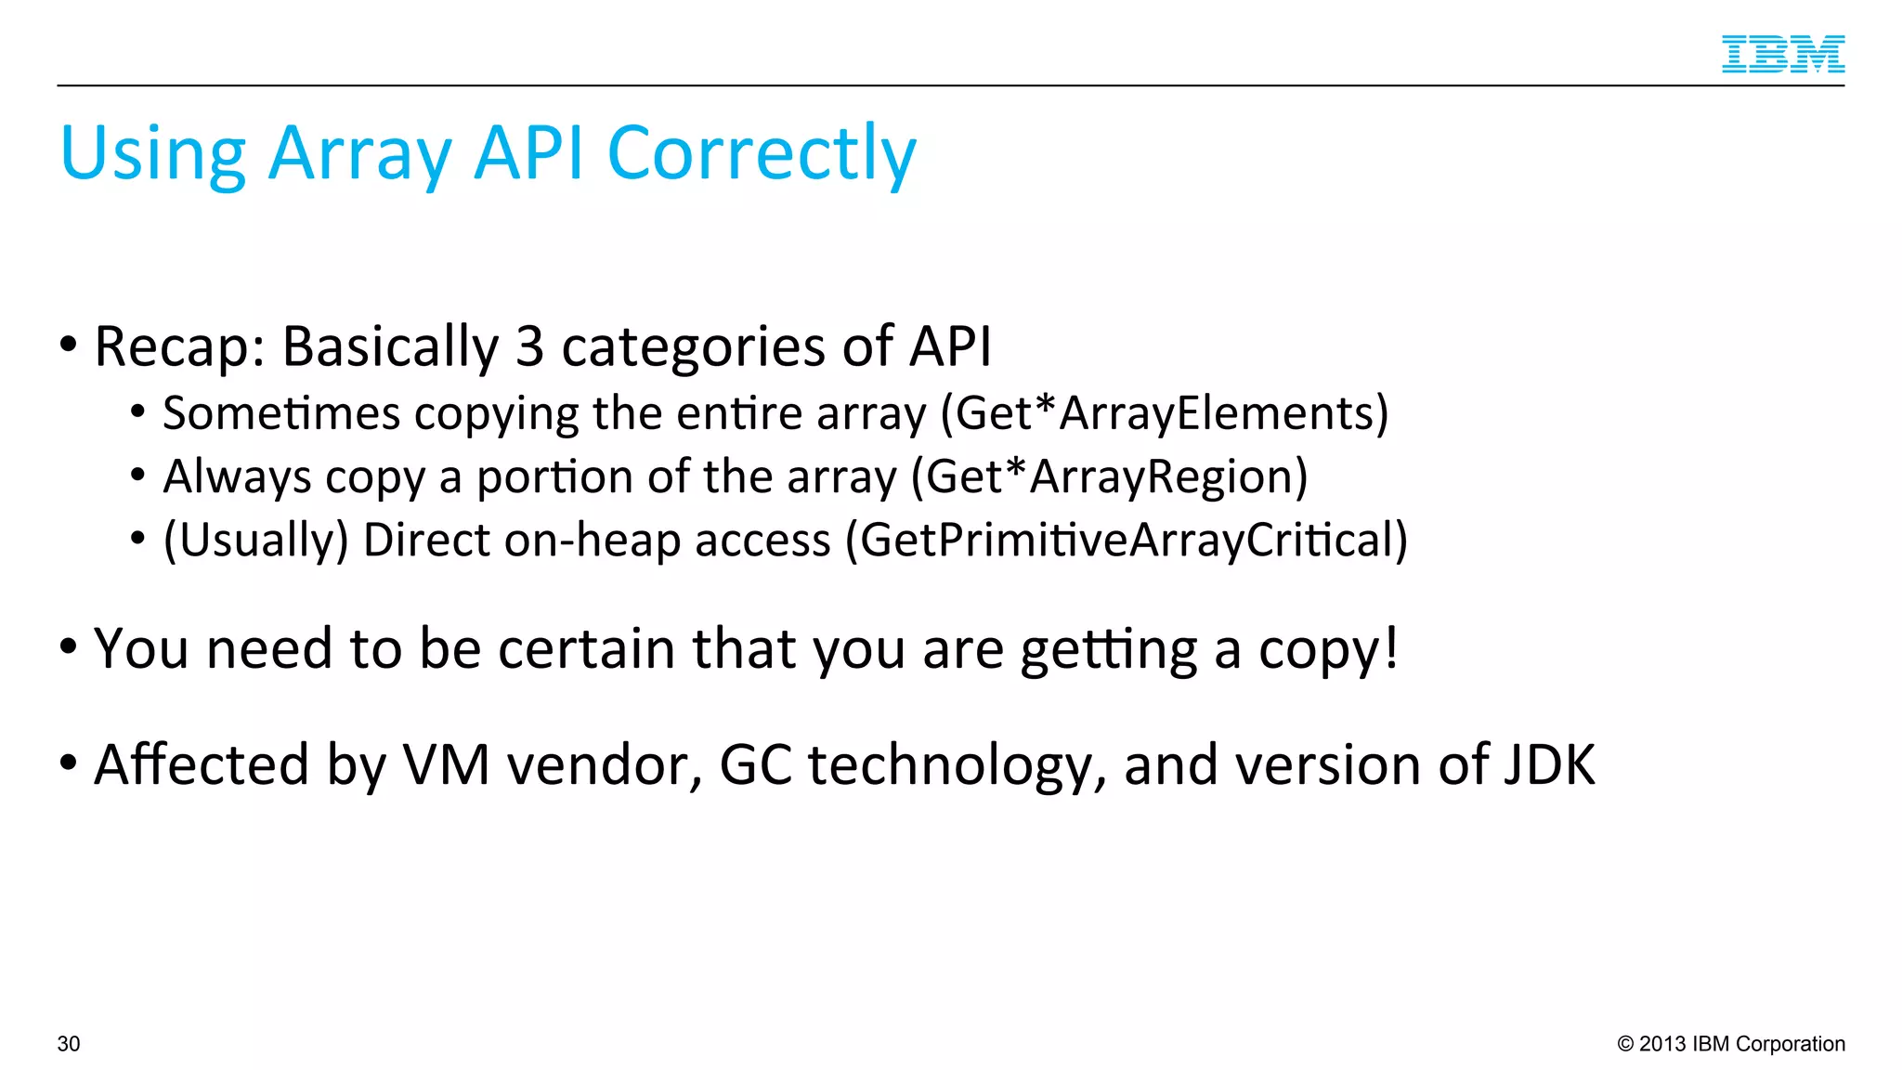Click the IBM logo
[x=1782, y=54]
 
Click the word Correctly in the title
[x=762, y=153]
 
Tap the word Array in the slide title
[x=359, y=153]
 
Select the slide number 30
[x=69, y=1044]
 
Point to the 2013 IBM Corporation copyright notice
[x=1731, y=1044]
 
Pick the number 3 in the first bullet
[x=528, y=346]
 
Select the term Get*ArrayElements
[x=1165, y=413]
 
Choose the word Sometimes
[x=280, y=413]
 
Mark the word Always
[x=237, y=477]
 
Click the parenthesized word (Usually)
[x=255, y=541]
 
